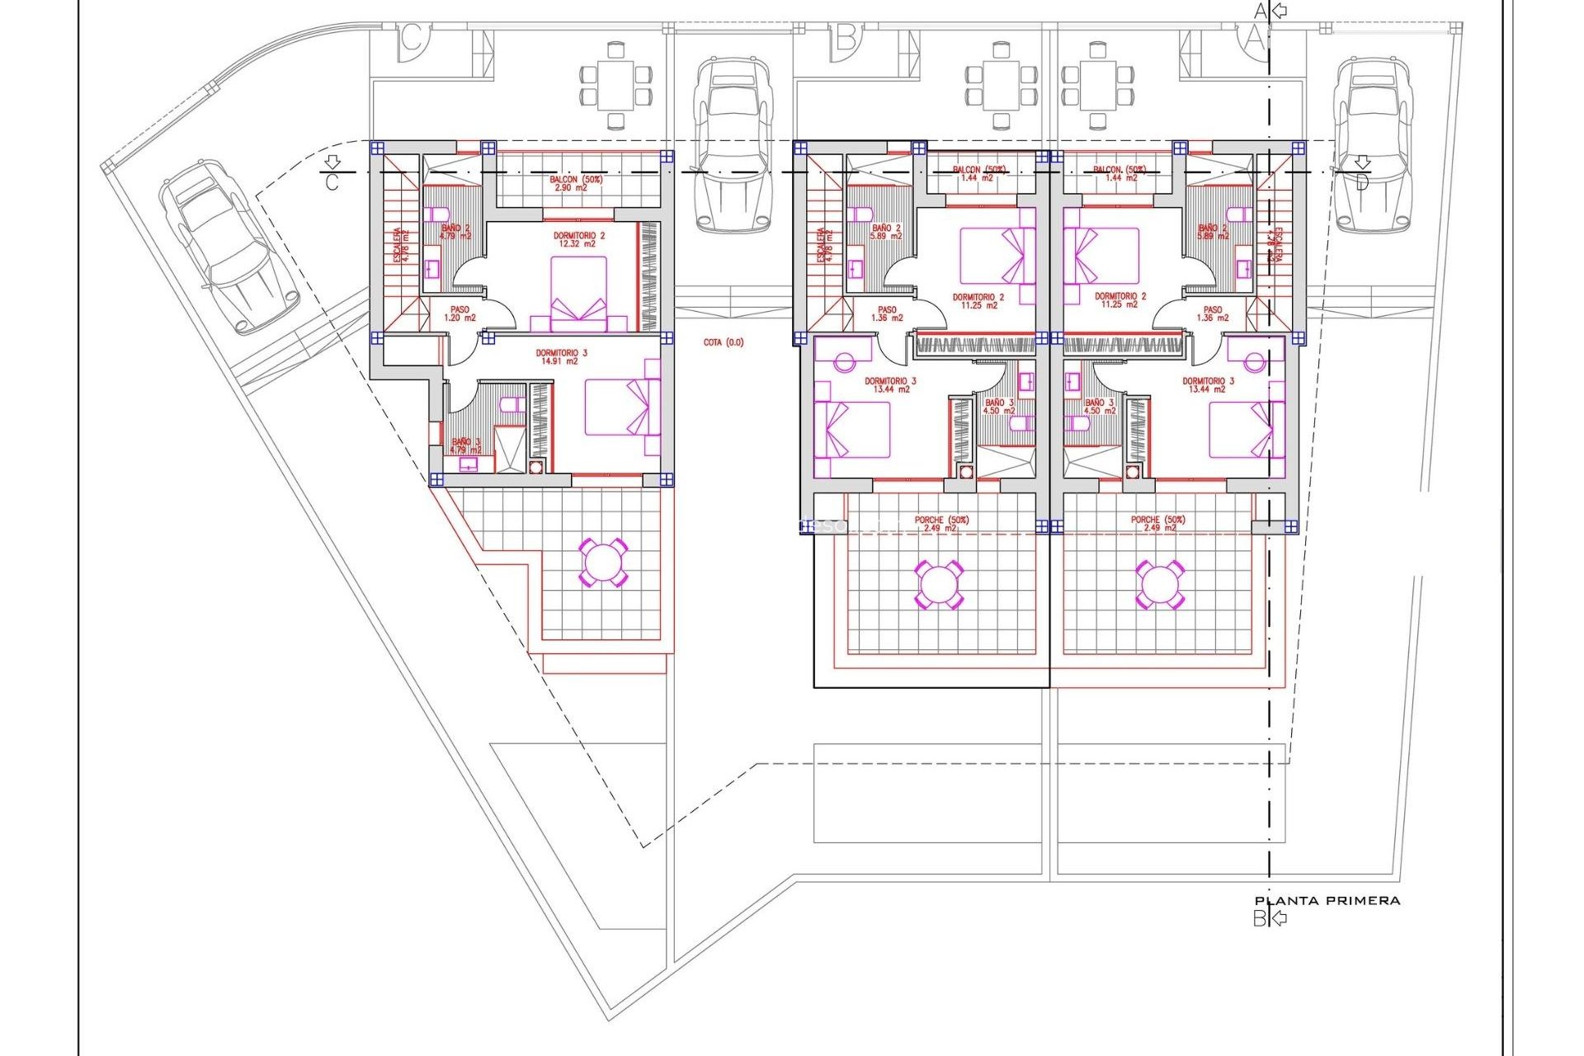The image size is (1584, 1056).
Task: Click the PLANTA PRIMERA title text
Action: pos(1327,901)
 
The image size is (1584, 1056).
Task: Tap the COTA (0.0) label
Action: pos(723,342)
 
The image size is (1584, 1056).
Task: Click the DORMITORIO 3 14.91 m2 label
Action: pos(561,357)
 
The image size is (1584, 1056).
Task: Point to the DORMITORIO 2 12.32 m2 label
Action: pos(578,239)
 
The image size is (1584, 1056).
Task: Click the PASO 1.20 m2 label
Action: pos(460,313)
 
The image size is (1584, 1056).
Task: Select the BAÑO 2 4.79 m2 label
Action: pos(455,232)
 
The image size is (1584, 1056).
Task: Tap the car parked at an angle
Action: pos(229,245)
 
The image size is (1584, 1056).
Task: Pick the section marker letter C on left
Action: pos(332,181)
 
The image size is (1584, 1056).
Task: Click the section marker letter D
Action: pos(1361,181)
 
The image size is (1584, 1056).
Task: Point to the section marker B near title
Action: pos(1260,918)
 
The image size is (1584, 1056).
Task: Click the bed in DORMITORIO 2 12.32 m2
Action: pos(578,293)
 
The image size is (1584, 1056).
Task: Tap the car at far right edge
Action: pos(1374,144)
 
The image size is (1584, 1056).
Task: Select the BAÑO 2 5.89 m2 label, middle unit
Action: pos(886,232)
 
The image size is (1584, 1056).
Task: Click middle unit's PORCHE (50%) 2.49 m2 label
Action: pos(940,524)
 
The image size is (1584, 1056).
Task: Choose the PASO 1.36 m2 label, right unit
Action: pos(1212,313)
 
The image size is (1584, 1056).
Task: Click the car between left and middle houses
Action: pos(733,144)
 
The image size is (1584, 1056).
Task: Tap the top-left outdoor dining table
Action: pos(615,86)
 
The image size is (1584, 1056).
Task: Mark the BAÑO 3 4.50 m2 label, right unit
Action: pos(1099,407)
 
